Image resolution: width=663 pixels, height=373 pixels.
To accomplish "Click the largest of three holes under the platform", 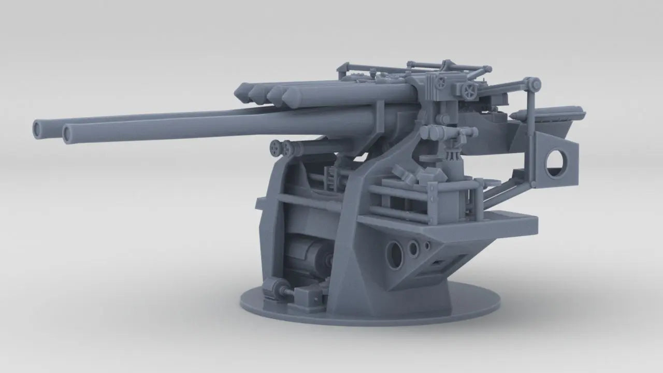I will click(395, 254).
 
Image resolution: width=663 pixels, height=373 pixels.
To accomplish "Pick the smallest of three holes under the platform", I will click(426, 245).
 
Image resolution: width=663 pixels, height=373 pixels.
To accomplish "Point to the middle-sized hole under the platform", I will click(413, 249).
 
